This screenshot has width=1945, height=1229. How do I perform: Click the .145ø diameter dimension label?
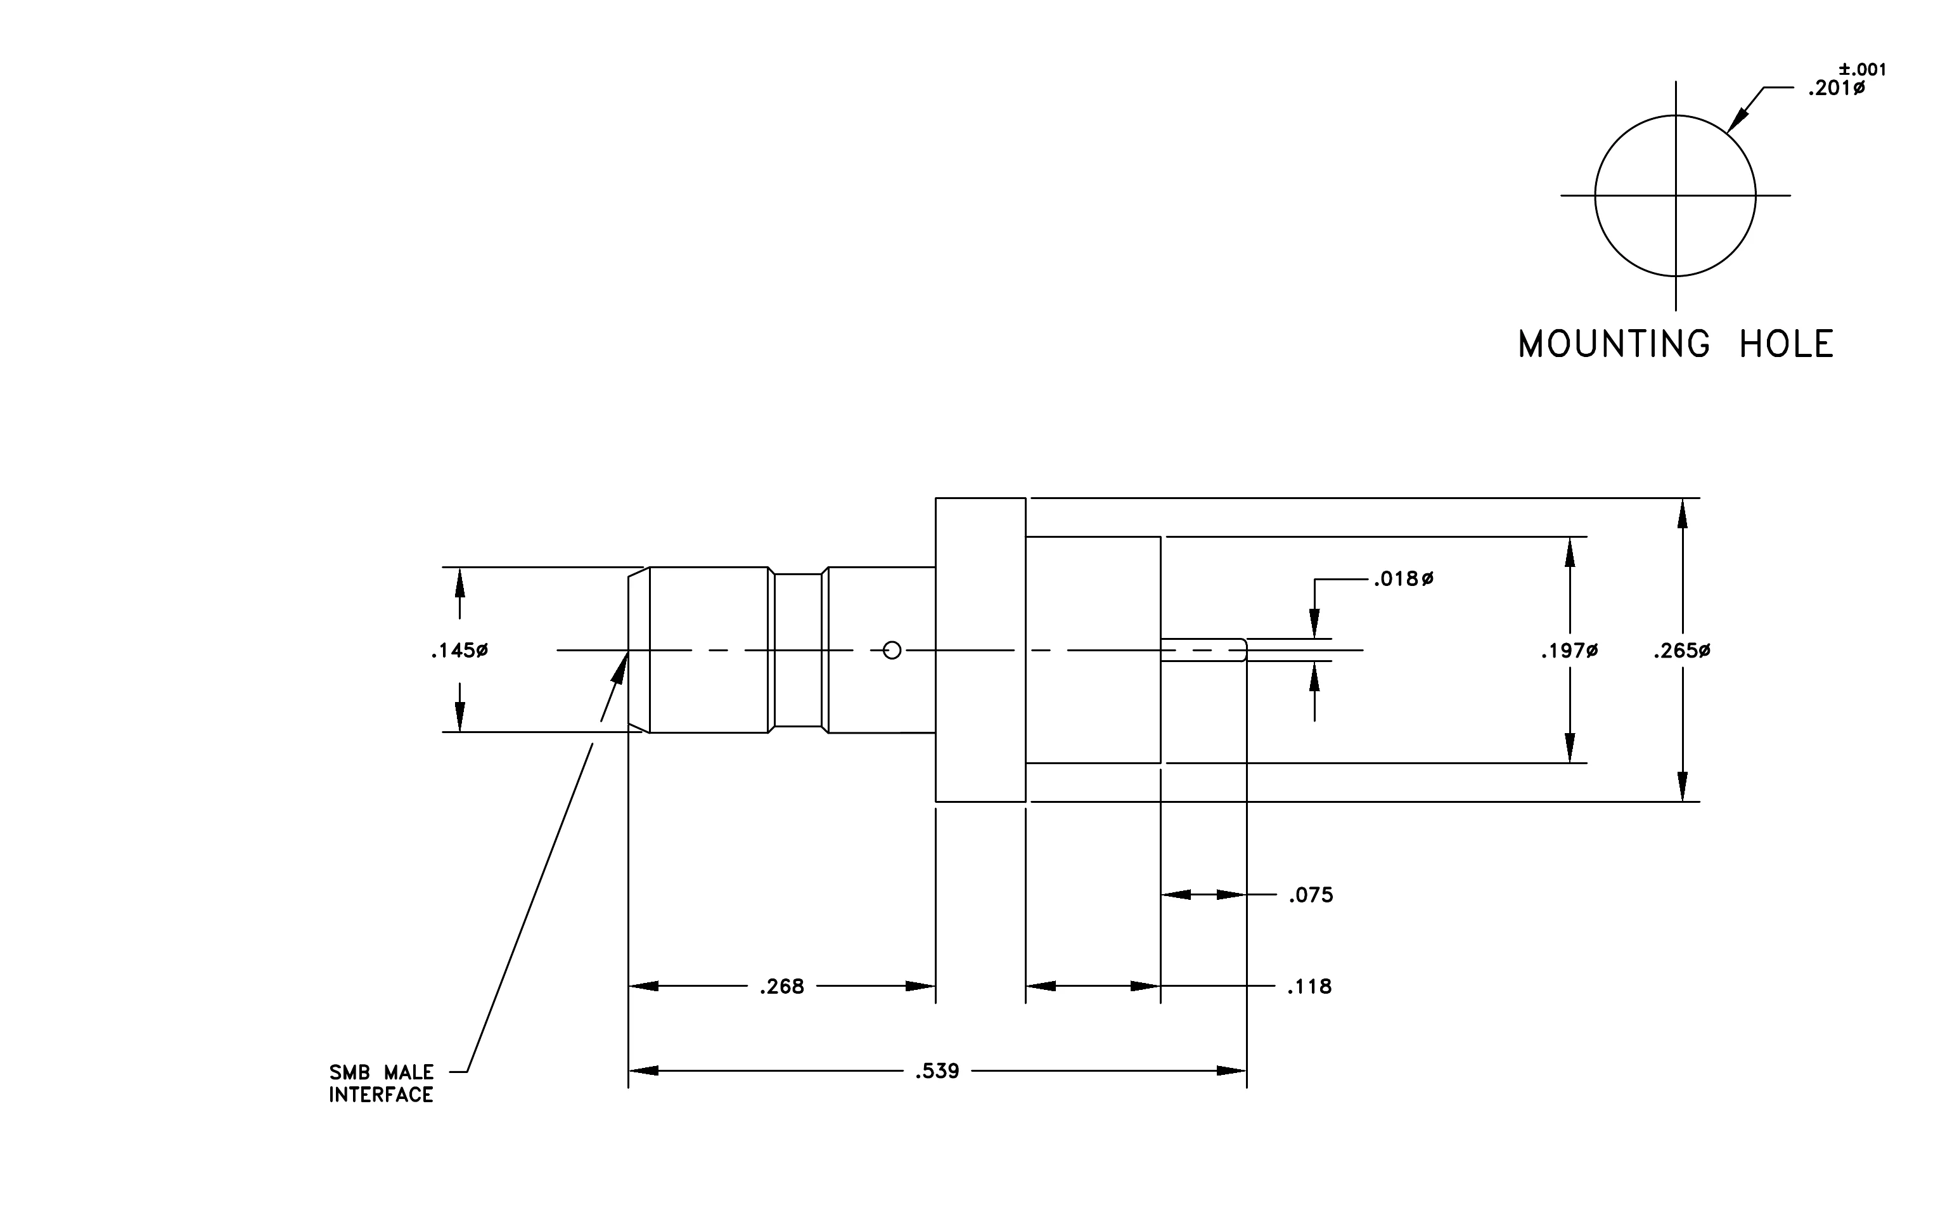pyautogui.click(x=459, y=651)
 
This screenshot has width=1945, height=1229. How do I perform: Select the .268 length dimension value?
pyautogui.click(x=782, y=987)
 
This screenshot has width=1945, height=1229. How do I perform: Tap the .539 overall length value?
pyautogui.click(x=937, y=1072)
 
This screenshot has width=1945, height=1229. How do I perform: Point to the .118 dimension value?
pyautogui.click(x=1309, y=987)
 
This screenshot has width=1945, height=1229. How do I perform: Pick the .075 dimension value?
pyautogui.click(x=1311, y=895)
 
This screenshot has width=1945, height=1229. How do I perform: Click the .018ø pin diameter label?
pyautogui.click(x=1404, y=578)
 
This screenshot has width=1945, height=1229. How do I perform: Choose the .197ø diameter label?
pyautogui.click(x=1569, y=651)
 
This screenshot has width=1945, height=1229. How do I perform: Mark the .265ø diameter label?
pyautogui.click(x=1682, y=651)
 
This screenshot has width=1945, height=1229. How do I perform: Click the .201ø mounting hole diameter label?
pyautogui.click(x=1837, y=89)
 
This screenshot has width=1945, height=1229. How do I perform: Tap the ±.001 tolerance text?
pyautogui.click(x=1863, y=70)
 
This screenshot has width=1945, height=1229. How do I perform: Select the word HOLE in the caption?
pyautogui.click(x=1786, y=344)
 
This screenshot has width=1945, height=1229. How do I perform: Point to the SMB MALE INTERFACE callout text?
pyautogui.click(x=382, y=1084)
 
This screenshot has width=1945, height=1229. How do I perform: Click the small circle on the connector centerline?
pyautogui.click(x=892, y=651)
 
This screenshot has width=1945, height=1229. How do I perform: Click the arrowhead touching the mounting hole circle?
pyautogui.click(x=1737, y=120)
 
